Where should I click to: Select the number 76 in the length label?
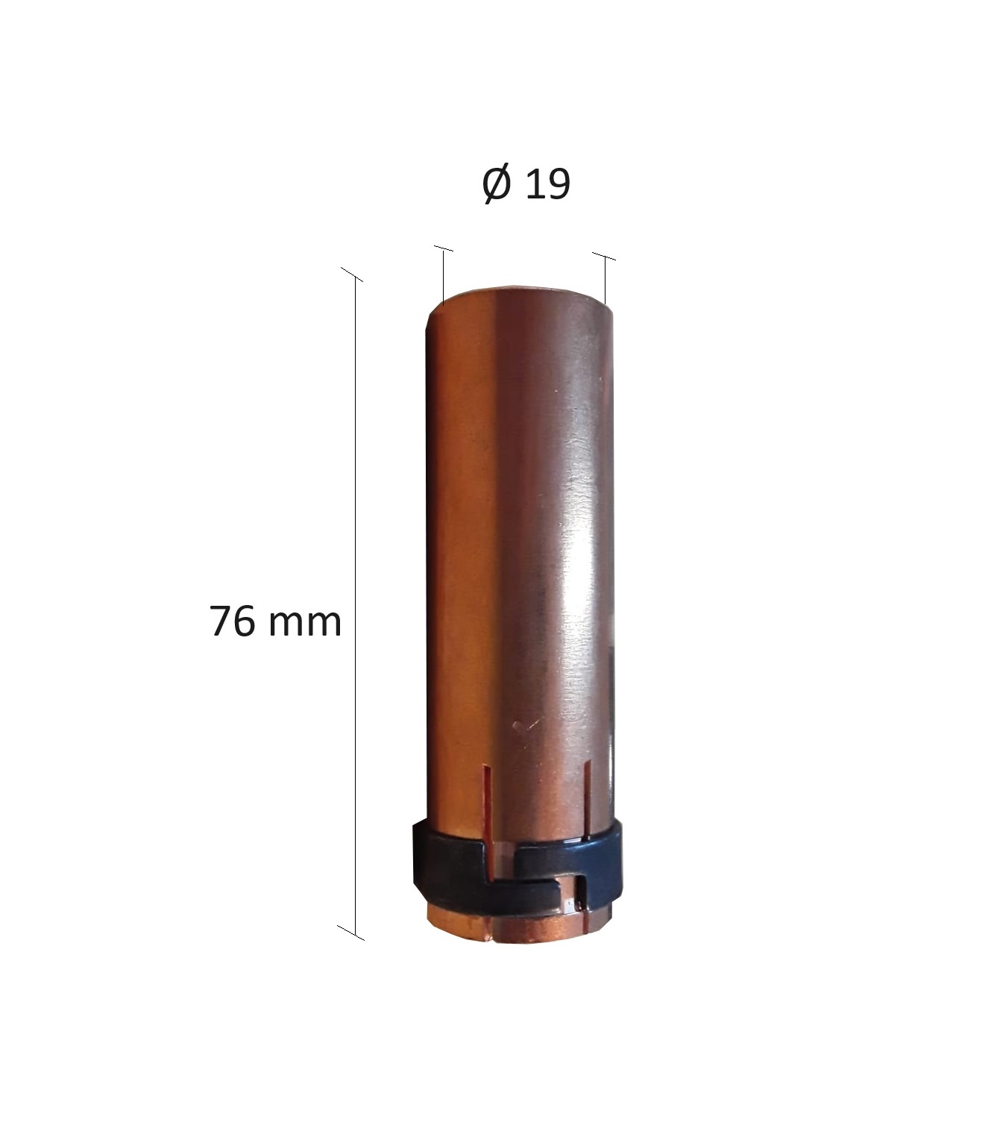(233, 621)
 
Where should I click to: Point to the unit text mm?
(304, 625)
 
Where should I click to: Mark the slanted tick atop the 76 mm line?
(352, 275)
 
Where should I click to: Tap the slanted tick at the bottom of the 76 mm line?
(350, 933)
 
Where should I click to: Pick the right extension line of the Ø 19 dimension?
(605, 279)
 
